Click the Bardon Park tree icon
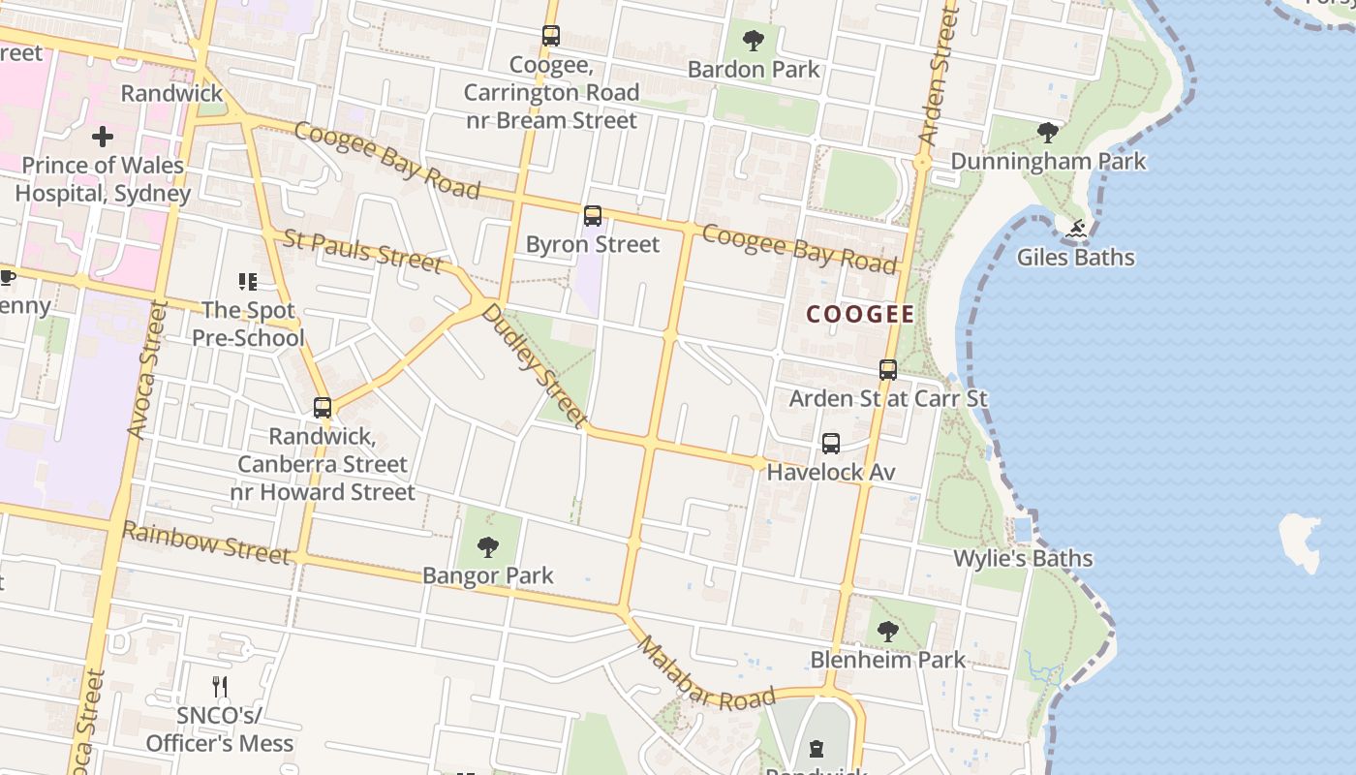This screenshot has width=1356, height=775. [753, 41]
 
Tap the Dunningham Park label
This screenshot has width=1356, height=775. [1048, 161]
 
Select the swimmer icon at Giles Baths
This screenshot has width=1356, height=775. [1075, 230]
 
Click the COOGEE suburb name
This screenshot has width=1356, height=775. [860, 314]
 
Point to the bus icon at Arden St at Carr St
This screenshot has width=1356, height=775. [887, 370]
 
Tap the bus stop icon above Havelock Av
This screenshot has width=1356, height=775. [830, 444]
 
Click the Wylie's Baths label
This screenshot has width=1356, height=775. [1023, 559]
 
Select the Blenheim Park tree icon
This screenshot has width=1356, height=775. [887, 633]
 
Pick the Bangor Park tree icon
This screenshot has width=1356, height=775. [488, 547]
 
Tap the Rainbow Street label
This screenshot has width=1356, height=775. [205, 543]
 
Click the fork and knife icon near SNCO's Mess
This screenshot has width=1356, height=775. [220, 687]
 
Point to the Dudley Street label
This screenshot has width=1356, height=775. [535, 365]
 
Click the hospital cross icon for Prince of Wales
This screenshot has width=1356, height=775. [102, 137]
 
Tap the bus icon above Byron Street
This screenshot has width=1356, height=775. [592, 216]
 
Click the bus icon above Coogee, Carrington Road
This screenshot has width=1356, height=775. [550, 36]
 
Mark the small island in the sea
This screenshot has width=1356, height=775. [1301, 542]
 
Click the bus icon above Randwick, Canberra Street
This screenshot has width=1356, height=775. [323, 408]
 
